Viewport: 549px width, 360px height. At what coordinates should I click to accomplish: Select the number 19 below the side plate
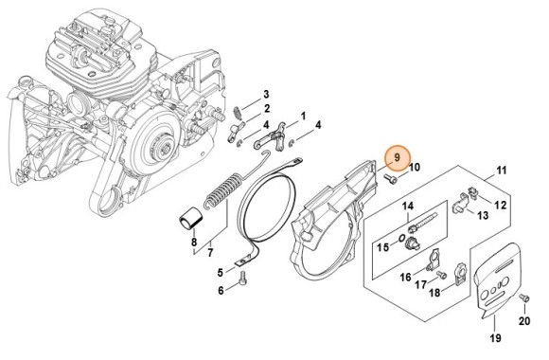point(494,338)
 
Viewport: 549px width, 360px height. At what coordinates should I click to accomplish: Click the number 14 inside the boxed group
point(408,207)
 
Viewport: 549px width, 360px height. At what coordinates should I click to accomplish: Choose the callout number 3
point(266,94)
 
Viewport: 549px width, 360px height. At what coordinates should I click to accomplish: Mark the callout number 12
point(502,205)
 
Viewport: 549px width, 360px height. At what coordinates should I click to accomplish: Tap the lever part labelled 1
point(277,137)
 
